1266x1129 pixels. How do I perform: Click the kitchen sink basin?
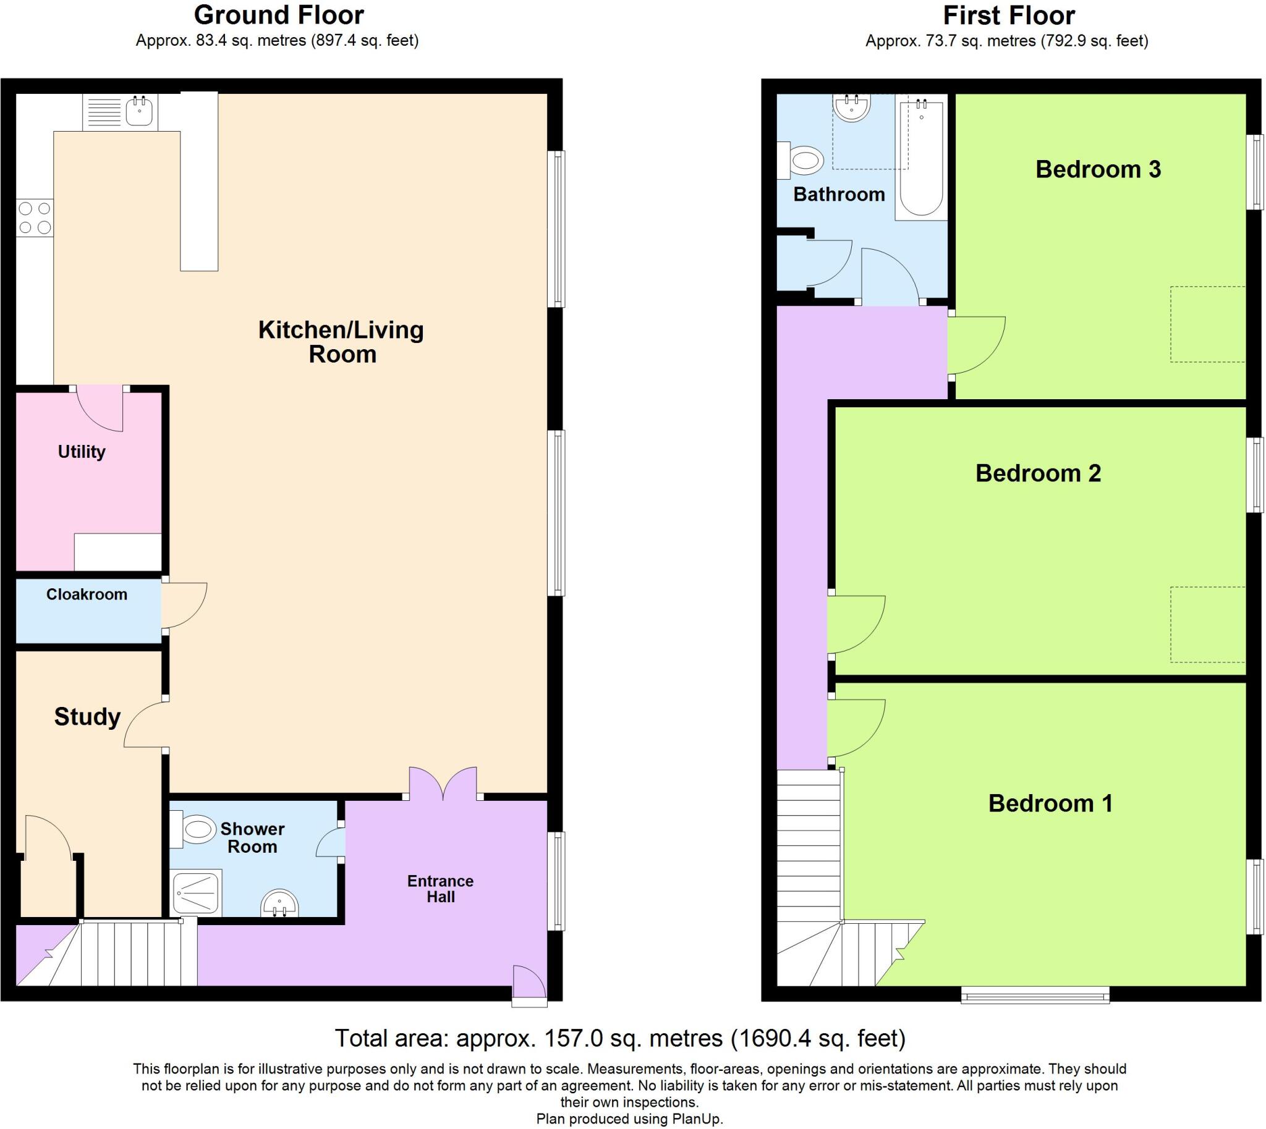coord(140,112)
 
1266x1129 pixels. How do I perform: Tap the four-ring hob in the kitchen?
coord(35,218)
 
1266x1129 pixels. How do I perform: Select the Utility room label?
coord(82,452)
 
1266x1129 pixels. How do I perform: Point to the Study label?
coord(87,717)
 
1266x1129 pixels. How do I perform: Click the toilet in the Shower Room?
coord(195,830)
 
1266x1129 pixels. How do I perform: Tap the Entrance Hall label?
coord(440,889)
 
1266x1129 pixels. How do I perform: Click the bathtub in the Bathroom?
coord(921,160)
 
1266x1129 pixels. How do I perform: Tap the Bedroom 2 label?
coord(1038,473)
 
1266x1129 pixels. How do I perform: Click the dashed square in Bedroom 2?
coord(1207,624)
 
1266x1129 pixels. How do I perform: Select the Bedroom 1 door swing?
coord(854,728)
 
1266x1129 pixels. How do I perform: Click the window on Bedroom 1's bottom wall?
coord(1035,997)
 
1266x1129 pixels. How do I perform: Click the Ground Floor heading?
coord(279,15)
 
